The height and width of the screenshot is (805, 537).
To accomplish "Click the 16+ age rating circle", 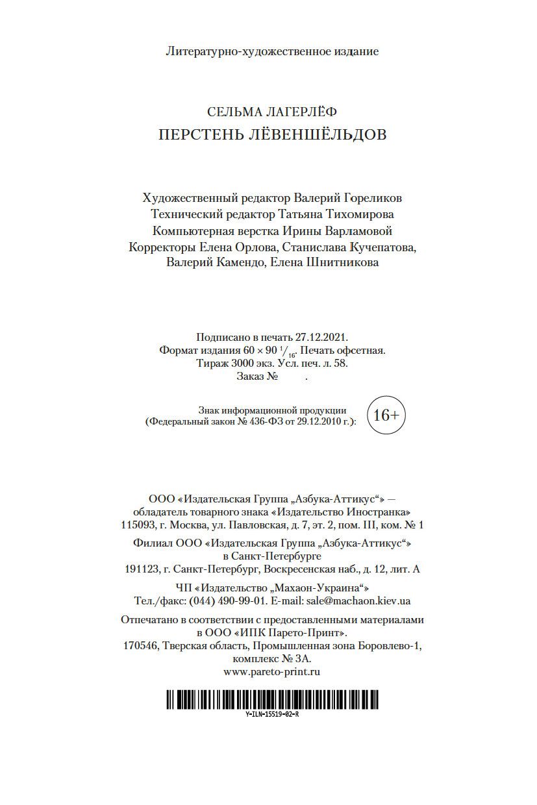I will pyautogui.click(x=386, y=415).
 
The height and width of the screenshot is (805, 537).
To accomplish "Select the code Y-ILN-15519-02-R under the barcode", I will pyautogui.click(x=272, y=713).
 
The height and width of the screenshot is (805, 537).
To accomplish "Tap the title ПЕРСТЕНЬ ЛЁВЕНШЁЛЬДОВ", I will pyautogui.click(x=272, y=135).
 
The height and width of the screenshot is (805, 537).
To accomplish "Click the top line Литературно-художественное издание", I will pyautogui.click(x=272, y=51).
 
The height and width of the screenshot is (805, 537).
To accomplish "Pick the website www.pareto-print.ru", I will pyautogui.click(x=272, y=673).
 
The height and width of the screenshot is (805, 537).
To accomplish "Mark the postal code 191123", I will pyautogui.click(x=142, y=569).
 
